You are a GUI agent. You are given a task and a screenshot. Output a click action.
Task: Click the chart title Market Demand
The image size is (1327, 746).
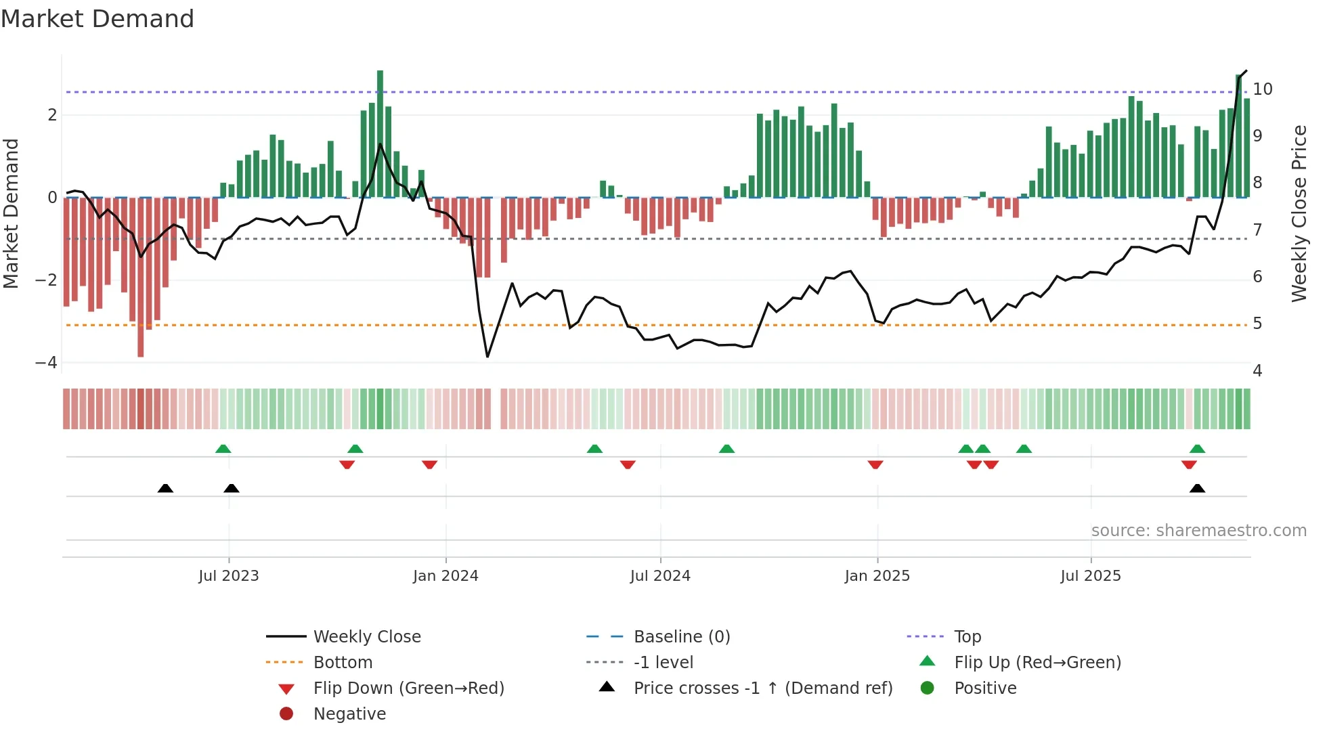[97, 19]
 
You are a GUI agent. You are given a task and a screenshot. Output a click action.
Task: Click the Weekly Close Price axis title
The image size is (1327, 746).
[1299, 213]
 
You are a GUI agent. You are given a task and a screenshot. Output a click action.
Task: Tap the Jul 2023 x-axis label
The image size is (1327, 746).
[228, 576]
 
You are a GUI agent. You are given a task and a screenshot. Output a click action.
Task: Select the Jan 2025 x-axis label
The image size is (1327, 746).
[877, 576]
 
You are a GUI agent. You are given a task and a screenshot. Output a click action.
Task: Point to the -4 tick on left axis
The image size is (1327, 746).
[46, 363]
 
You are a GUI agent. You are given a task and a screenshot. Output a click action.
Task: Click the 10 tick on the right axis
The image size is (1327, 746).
[1262, 89]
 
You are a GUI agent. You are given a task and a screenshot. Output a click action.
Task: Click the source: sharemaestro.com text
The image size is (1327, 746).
[1198, 531]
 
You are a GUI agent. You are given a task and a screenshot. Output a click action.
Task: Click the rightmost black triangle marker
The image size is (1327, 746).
[1197, 488]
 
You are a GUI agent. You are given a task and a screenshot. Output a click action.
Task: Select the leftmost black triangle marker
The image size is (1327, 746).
[165, 488]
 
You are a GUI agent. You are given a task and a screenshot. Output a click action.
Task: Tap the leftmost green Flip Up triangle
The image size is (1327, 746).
[223, 449]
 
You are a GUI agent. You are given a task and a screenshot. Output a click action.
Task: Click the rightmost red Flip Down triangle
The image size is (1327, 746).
[1189, 465]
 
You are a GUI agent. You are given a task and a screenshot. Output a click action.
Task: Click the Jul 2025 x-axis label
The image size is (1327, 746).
[1090, 576]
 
